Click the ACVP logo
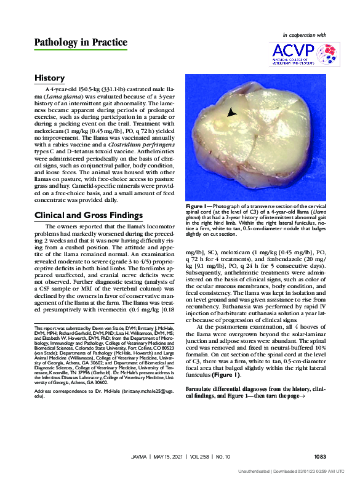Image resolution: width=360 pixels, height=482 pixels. coord(304,55)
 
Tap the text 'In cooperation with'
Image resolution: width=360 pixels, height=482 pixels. coord(304,36)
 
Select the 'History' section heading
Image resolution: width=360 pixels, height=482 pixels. coord(50,78)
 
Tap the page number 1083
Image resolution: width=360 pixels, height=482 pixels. coord(319,457)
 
